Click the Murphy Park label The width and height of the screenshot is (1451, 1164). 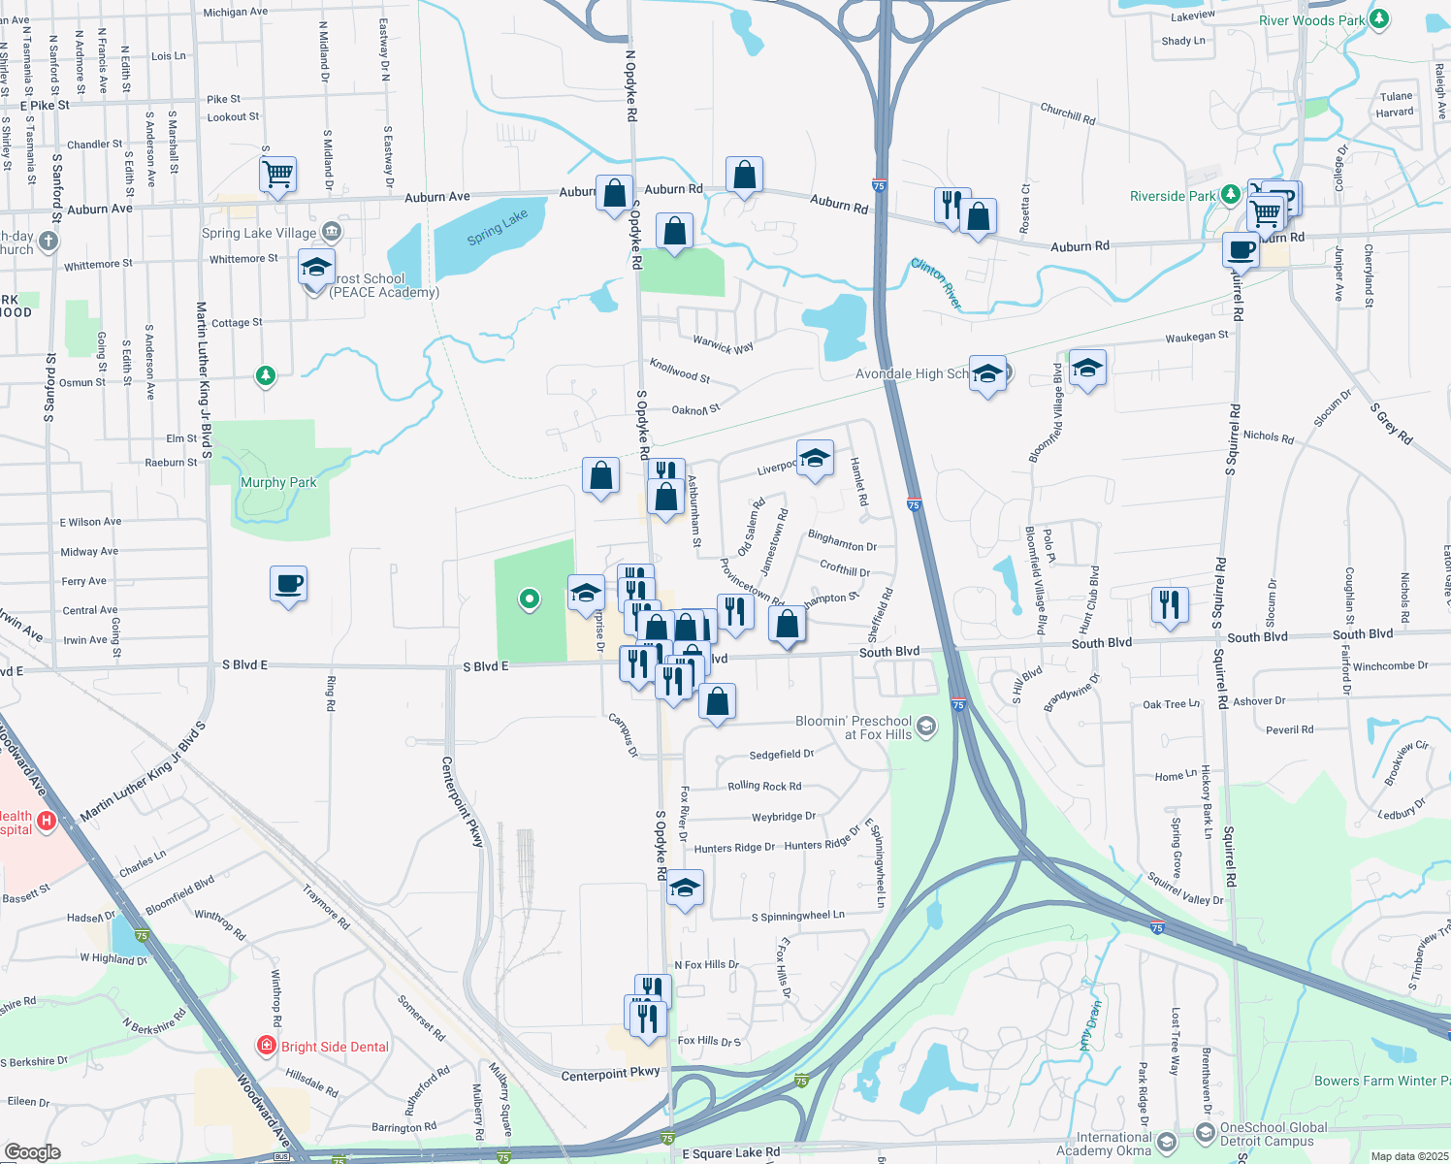tap(278, 482)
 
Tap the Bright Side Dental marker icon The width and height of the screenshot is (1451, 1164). tap(266, 1046)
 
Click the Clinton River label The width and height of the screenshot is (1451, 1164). tap(937, 283)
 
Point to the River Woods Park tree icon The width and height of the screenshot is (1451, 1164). tap(1379, 19)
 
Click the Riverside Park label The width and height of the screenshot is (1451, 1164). tap(1173, 196)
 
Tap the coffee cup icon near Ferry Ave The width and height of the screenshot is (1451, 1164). tap(289, 584)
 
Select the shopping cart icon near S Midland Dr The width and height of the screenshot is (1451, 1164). tap(277, 175)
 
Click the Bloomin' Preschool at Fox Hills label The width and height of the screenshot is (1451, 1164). tap(854, 727)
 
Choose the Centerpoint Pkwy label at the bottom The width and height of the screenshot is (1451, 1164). tap(610, 1074)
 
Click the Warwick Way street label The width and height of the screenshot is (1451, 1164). tap(723, 344)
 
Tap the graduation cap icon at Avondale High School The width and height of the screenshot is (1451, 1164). tap(987, 373)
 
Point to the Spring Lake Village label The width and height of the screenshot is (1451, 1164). tap(259, 233)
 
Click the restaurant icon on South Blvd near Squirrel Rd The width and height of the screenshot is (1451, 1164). tap(1170, 604)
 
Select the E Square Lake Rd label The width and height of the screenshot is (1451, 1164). tap(730, 1152)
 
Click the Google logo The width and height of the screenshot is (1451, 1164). tap(32, 1151)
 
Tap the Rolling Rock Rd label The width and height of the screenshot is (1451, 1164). tap(764, 786)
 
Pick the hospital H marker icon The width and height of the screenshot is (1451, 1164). tap(45, 822)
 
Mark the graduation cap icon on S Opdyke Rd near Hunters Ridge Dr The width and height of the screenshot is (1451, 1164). tap(685, 888)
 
